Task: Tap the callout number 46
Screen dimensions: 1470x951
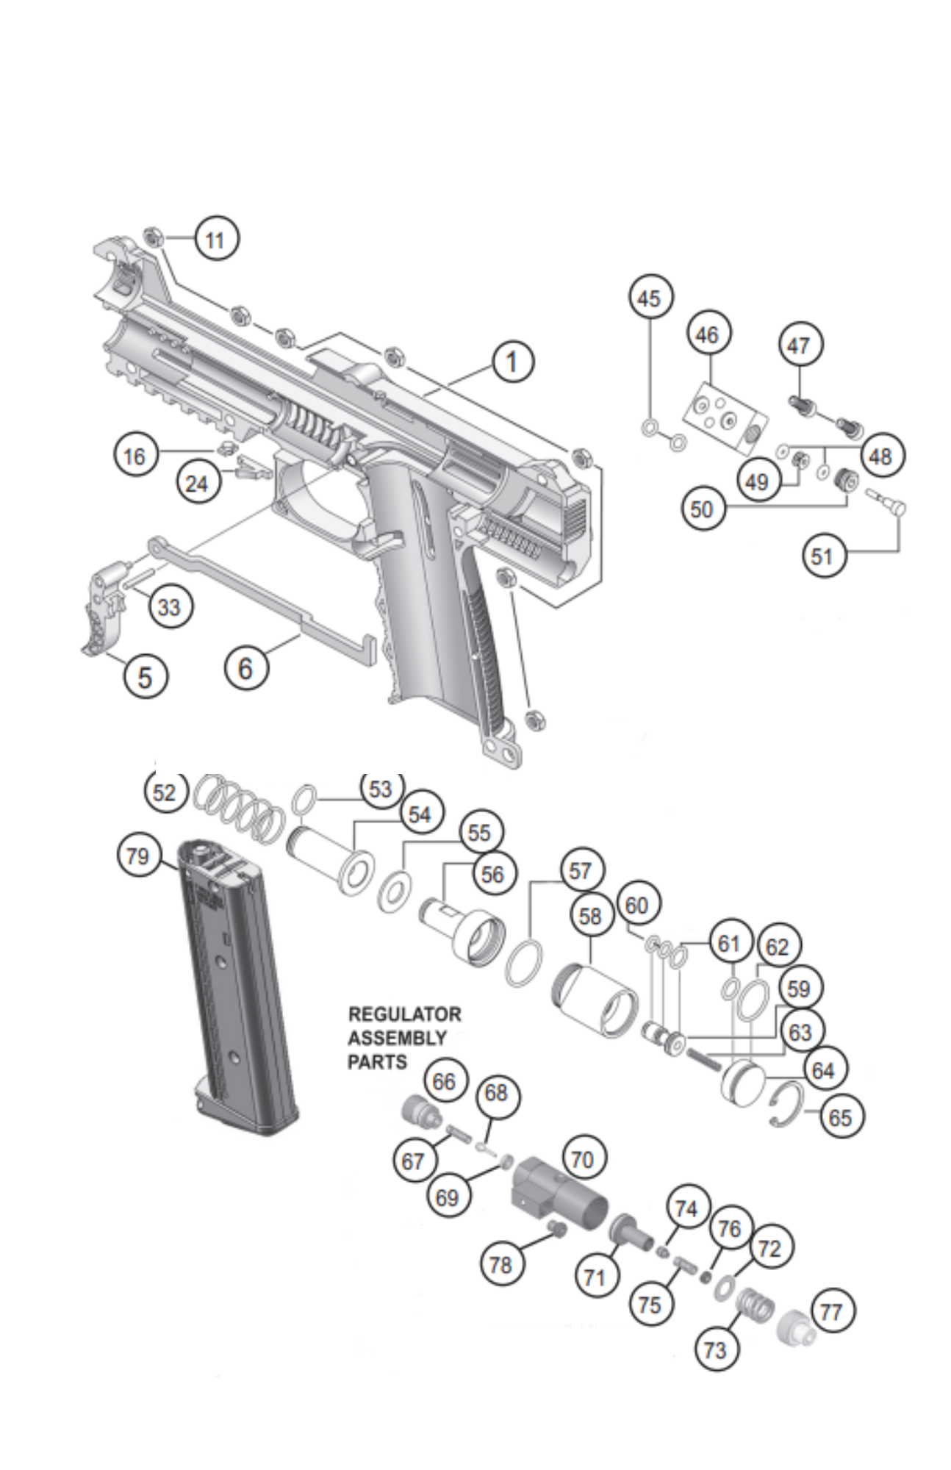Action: coord(707,335)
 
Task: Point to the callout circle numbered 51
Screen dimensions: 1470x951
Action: coord(822,556)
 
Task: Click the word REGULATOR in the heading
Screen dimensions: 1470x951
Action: coord(404,1014)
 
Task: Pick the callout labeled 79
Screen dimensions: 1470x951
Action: coord(137,856)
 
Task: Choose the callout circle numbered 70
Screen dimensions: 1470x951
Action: coord(582,1160)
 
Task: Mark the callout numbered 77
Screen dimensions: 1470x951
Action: coord(831,1312)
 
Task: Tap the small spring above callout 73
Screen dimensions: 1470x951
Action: coord(753,1308)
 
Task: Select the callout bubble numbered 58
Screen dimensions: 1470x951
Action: coord(590,917)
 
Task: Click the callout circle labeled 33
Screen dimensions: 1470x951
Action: coord(169,607)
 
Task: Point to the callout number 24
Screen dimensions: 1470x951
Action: coord(197,484)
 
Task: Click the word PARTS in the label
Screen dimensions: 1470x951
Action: coord(377,1062)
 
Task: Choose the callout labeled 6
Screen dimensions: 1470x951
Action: coord(245,668)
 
